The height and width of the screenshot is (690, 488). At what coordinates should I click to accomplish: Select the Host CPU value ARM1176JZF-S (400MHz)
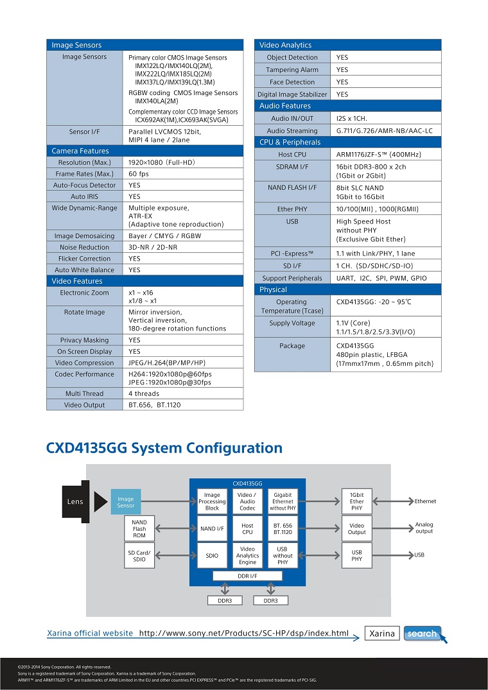378,155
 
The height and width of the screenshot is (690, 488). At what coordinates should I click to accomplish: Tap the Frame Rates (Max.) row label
85,174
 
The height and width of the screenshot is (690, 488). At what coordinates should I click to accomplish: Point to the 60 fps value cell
182,174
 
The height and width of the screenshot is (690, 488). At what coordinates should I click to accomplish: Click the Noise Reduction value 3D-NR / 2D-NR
153,247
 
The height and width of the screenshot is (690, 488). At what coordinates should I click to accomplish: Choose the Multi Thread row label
85,394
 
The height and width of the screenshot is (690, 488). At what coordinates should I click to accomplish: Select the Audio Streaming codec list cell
385,131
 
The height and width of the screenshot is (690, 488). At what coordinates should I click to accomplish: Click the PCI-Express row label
292,254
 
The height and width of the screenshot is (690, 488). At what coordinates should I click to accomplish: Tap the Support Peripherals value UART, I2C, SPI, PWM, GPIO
381,278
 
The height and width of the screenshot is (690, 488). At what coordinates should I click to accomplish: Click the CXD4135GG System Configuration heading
164,448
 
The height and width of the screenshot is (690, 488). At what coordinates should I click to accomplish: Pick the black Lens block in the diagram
76,502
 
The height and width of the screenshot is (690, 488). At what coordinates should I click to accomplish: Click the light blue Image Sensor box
126,502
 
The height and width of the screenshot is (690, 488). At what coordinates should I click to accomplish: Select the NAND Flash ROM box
139,529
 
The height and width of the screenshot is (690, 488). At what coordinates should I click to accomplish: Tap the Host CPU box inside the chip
247,529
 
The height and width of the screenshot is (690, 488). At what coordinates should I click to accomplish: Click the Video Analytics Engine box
247,555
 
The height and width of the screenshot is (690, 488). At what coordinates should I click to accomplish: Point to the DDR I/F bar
247,576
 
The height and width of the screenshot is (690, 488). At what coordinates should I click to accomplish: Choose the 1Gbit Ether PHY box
357,501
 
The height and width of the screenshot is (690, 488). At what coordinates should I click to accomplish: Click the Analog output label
424,528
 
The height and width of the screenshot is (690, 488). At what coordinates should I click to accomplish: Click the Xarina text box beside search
382,634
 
